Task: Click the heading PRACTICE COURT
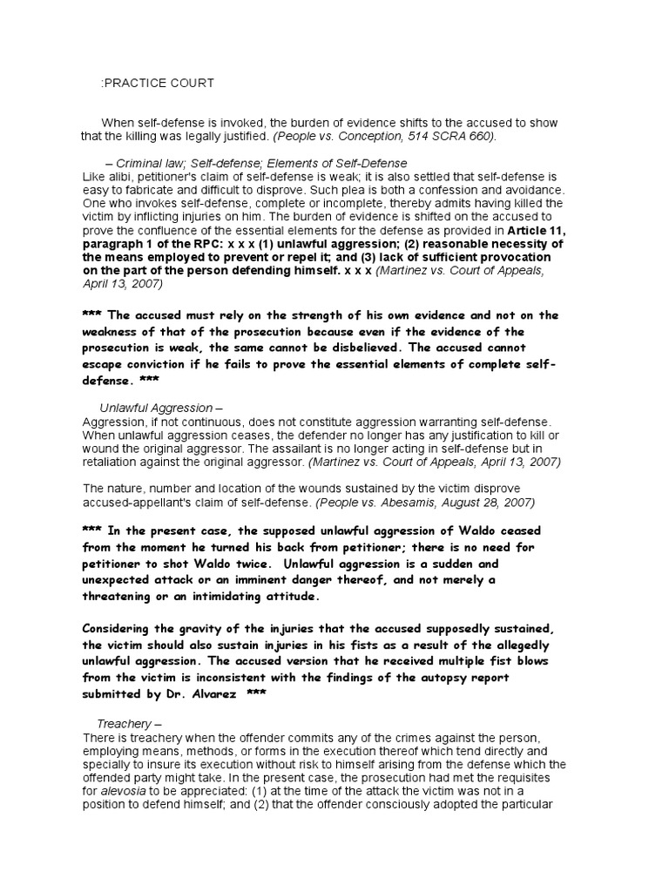(x=158, y=83)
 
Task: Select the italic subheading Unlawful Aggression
(x=156, y=408)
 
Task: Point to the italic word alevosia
(x=127, y=790)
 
